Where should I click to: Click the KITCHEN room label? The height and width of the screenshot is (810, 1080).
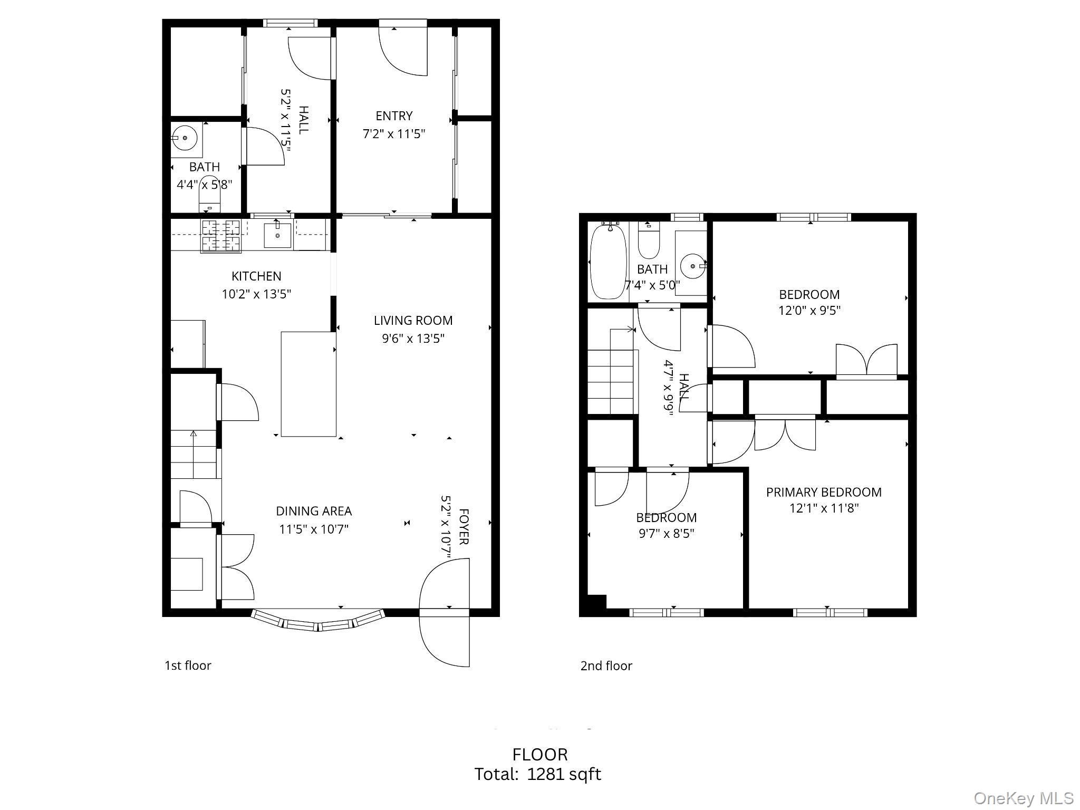pyautogui.click(x=256, y=276)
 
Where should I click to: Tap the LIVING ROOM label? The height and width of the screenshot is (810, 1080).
pyautogui.click(x=413, y=320)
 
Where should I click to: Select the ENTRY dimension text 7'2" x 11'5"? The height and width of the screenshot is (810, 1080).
pyautogui.click(x=394, y=134)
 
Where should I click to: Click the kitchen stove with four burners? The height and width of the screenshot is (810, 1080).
pyautogui.click(x=221, y=236)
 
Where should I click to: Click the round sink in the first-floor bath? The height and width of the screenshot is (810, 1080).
pyautogui.click(x=185, y=138)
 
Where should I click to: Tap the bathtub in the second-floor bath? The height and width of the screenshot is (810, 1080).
pyautogui.click(x=608, y=261)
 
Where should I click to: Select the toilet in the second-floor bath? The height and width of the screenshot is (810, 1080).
pyautogui.click(x=648, y=240)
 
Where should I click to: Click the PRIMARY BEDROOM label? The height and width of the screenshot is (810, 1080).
pyautogui.click(x=824, y=492)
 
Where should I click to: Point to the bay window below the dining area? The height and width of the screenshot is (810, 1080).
pyautogui.click(x=318, y=621)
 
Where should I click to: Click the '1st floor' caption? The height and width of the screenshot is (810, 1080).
pyautogui.click(x=188, y=666)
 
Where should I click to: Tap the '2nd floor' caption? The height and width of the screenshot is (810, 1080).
pyautogui.click(x=606, y=666)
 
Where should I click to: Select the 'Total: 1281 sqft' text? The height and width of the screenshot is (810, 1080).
pyautogui.click(x=537, y=774)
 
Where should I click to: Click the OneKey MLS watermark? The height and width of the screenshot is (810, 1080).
pyautogui.click(x=1023, y=798)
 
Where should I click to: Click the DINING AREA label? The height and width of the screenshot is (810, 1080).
pyautogui.click(x=314, y=511)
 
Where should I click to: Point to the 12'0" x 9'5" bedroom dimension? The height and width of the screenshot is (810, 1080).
pyautogui.click(x=809, y=310)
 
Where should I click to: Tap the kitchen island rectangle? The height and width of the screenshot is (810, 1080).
pyautogui.click(x=308, y=384)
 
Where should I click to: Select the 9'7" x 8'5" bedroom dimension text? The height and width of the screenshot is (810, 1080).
pyautogui.click(x=666, y=533)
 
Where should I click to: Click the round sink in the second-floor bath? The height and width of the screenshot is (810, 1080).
pyautogui.click(x=691, y=266)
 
